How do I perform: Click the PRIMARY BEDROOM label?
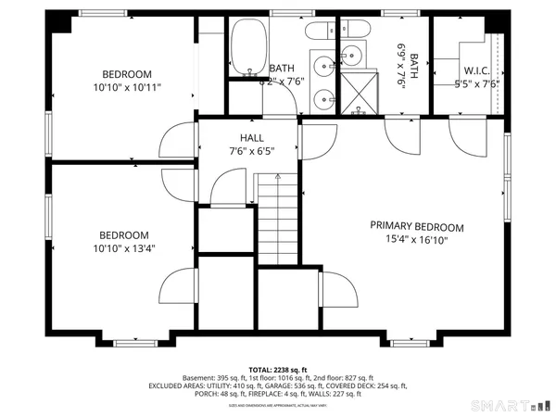pos(417,226)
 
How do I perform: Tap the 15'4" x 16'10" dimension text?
pos(417,239)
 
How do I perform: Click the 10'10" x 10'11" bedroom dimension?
pos(127,87)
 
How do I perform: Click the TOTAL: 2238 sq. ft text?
pos(277,369)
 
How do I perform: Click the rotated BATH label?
pos(413,63)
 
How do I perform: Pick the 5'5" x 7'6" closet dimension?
pos(478,82)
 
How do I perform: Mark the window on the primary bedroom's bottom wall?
pos(411,342)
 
